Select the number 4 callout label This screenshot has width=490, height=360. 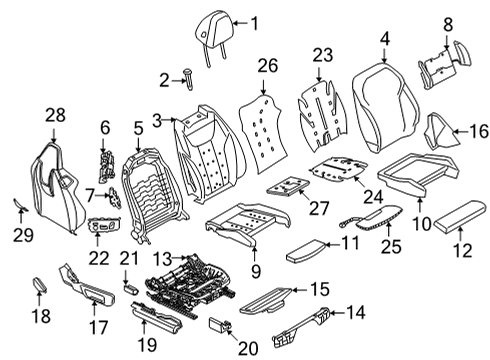(x=383, y=39)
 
